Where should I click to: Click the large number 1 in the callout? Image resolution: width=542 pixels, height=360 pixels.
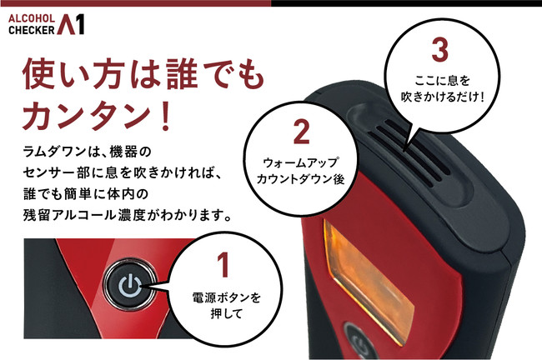click(x=224, y=265)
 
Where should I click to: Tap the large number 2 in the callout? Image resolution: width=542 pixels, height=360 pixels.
click(x=301, y=132)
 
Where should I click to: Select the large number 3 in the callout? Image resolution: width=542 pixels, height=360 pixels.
click(x=440, y=50)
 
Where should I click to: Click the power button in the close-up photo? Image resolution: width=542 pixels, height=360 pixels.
click(x=130, y=286)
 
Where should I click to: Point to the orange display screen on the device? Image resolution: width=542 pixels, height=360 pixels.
click(x=367, y=281)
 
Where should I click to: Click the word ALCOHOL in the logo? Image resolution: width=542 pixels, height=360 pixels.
click(x=32, y=18)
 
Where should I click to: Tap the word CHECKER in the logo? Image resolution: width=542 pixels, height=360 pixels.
click(x=32, y=30)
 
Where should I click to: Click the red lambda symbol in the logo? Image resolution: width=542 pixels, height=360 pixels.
click(x=66, y=24)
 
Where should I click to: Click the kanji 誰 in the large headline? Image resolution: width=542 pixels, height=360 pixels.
click(x=182, y=73)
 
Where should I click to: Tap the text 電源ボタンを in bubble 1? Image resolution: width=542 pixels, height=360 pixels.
click(x=227, y=297)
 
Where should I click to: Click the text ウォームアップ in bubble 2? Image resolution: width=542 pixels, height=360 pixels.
click(x=301, y=162)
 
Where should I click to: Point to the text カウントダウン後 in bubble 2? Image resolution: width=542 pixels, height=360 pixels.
click(x=300, y=179)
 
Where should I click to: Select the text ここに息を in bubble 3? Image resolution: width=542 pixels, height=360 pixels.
click(x=442, y=81)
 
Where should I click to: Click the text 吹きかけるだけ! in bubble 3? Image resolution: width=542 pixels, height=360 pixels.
click(x=443, y=97)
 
